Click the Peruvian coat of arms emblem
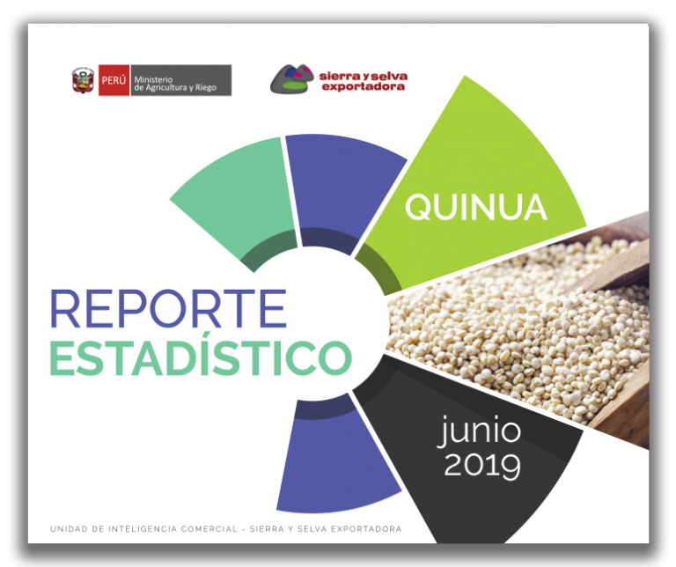pos(83,80)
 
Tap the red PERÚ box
pos(114,80)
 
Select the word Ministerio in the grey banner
pos(153,79)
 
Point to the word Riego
pos(206,87)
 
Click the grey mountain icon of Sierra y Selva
pos(292,79)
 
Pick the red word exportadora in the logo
pos(364,86)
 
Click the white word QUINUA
pos(476,207)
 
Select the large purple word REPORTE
pos(168,309)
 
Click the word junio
pos(480,431)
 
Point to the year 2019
pos(482,466)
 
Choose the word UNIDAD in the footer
pos(69,529)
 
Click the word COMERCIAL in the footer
pos(209,529)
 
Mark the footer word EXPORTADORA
pos(366,529)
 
